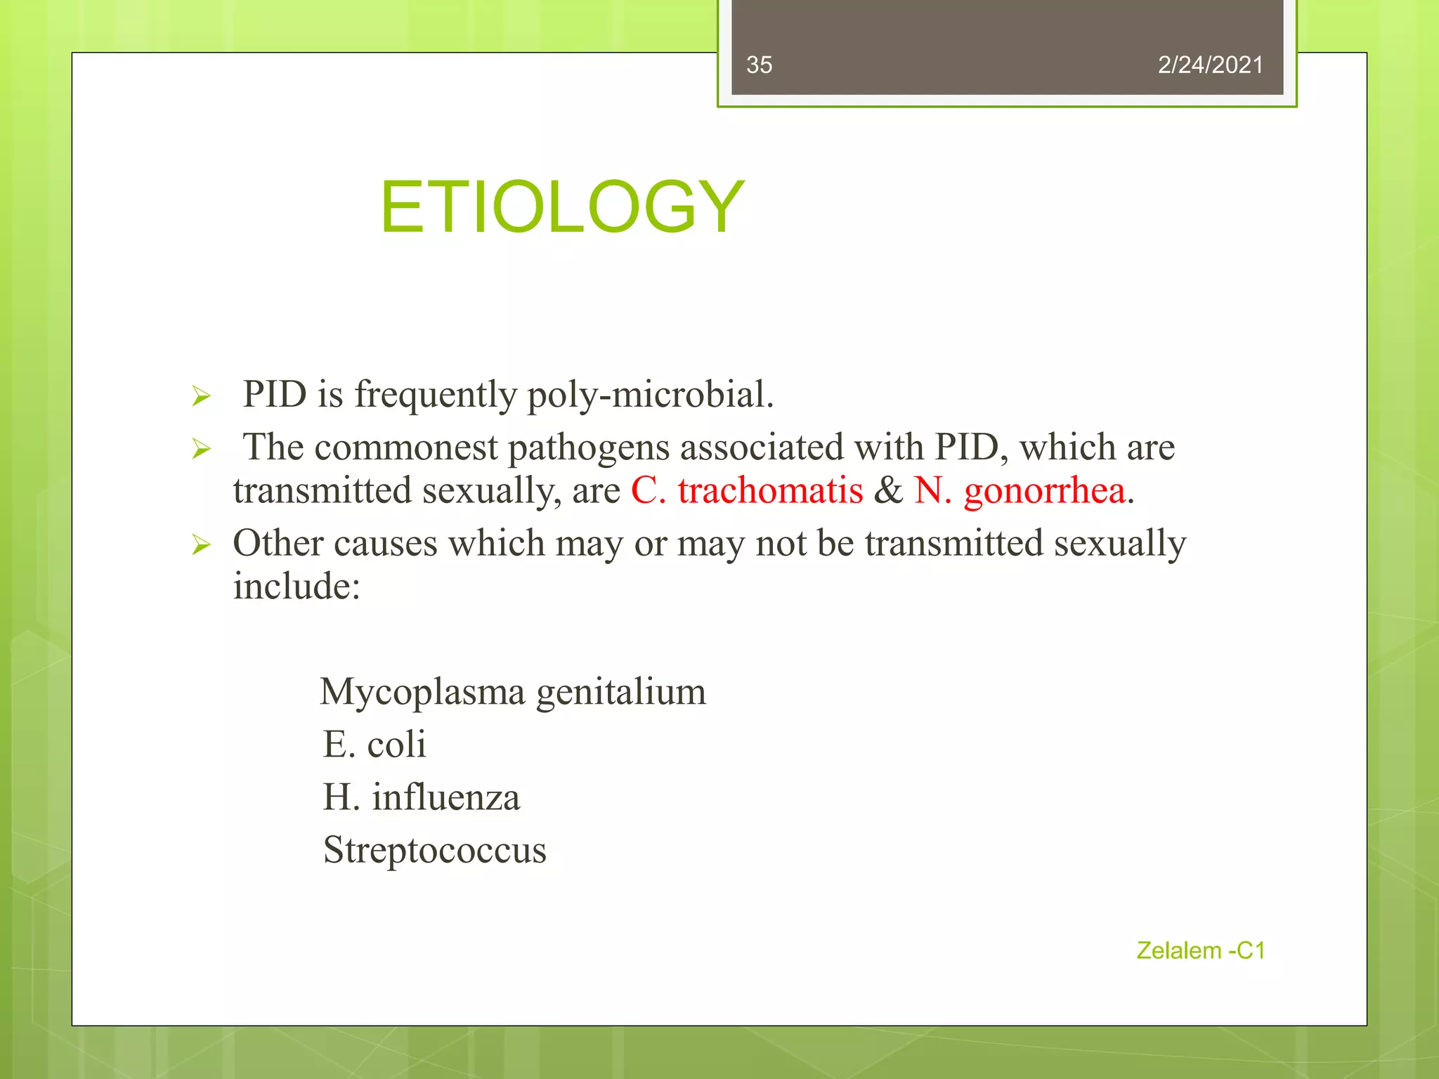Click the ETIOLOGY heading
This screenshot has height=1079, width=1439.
pos(561,207)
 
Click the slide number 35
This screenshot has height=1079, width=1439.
pos(759,65)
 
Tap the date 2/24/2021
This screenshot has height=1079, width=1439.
pos(1210,65)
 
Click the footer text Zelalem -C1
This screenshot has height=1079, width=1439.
pos(1200,950)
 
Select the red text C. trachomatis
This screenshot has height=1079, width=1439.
pos(746,490)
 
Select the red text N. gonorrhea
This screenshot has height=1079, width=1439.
pos(1019,490)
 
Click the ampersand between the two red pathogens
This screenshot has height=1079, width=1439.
pos(888,490)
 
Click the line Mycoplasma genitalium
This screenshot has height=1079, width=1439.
pos(513,692)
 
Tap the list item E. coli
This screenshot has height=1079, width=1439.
pos(375,745)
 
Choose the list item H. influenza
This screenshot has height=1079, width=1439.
pos(422,797)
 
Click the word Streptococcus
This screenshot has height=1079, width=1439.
pos(434,851)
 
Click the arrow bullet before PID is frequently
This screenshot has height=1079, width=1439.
pos(201,397)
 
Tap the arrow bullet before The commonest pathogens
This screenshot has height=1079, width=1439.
pos(201,449)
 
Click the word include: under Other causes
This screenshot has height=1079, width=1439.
pos(297,587)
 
